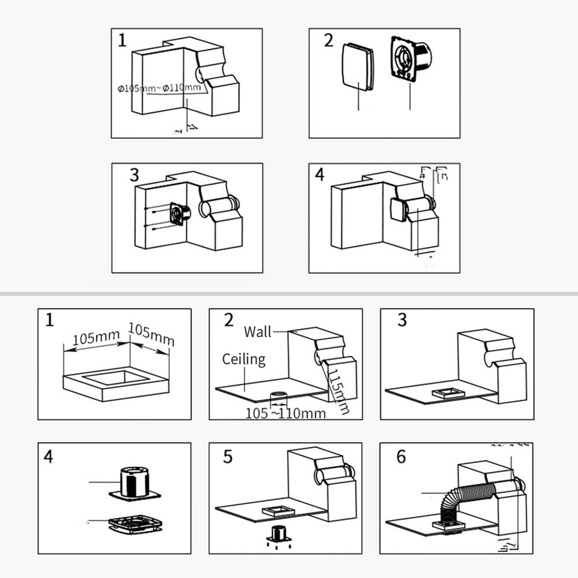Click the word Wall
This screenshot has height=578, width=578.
(x=257, y=331)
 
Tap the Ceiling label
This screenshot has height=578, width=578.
(x=243, y=360)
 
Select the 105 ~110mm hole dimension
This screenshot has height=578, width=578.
(x=286, y=413)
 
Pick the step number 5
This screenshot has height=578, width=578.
(x=228, y=457)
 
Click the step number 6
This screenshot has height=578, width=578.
(x=401, y=457)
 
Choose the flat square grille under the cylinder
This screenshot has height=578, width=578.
(x=135, y=524)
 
